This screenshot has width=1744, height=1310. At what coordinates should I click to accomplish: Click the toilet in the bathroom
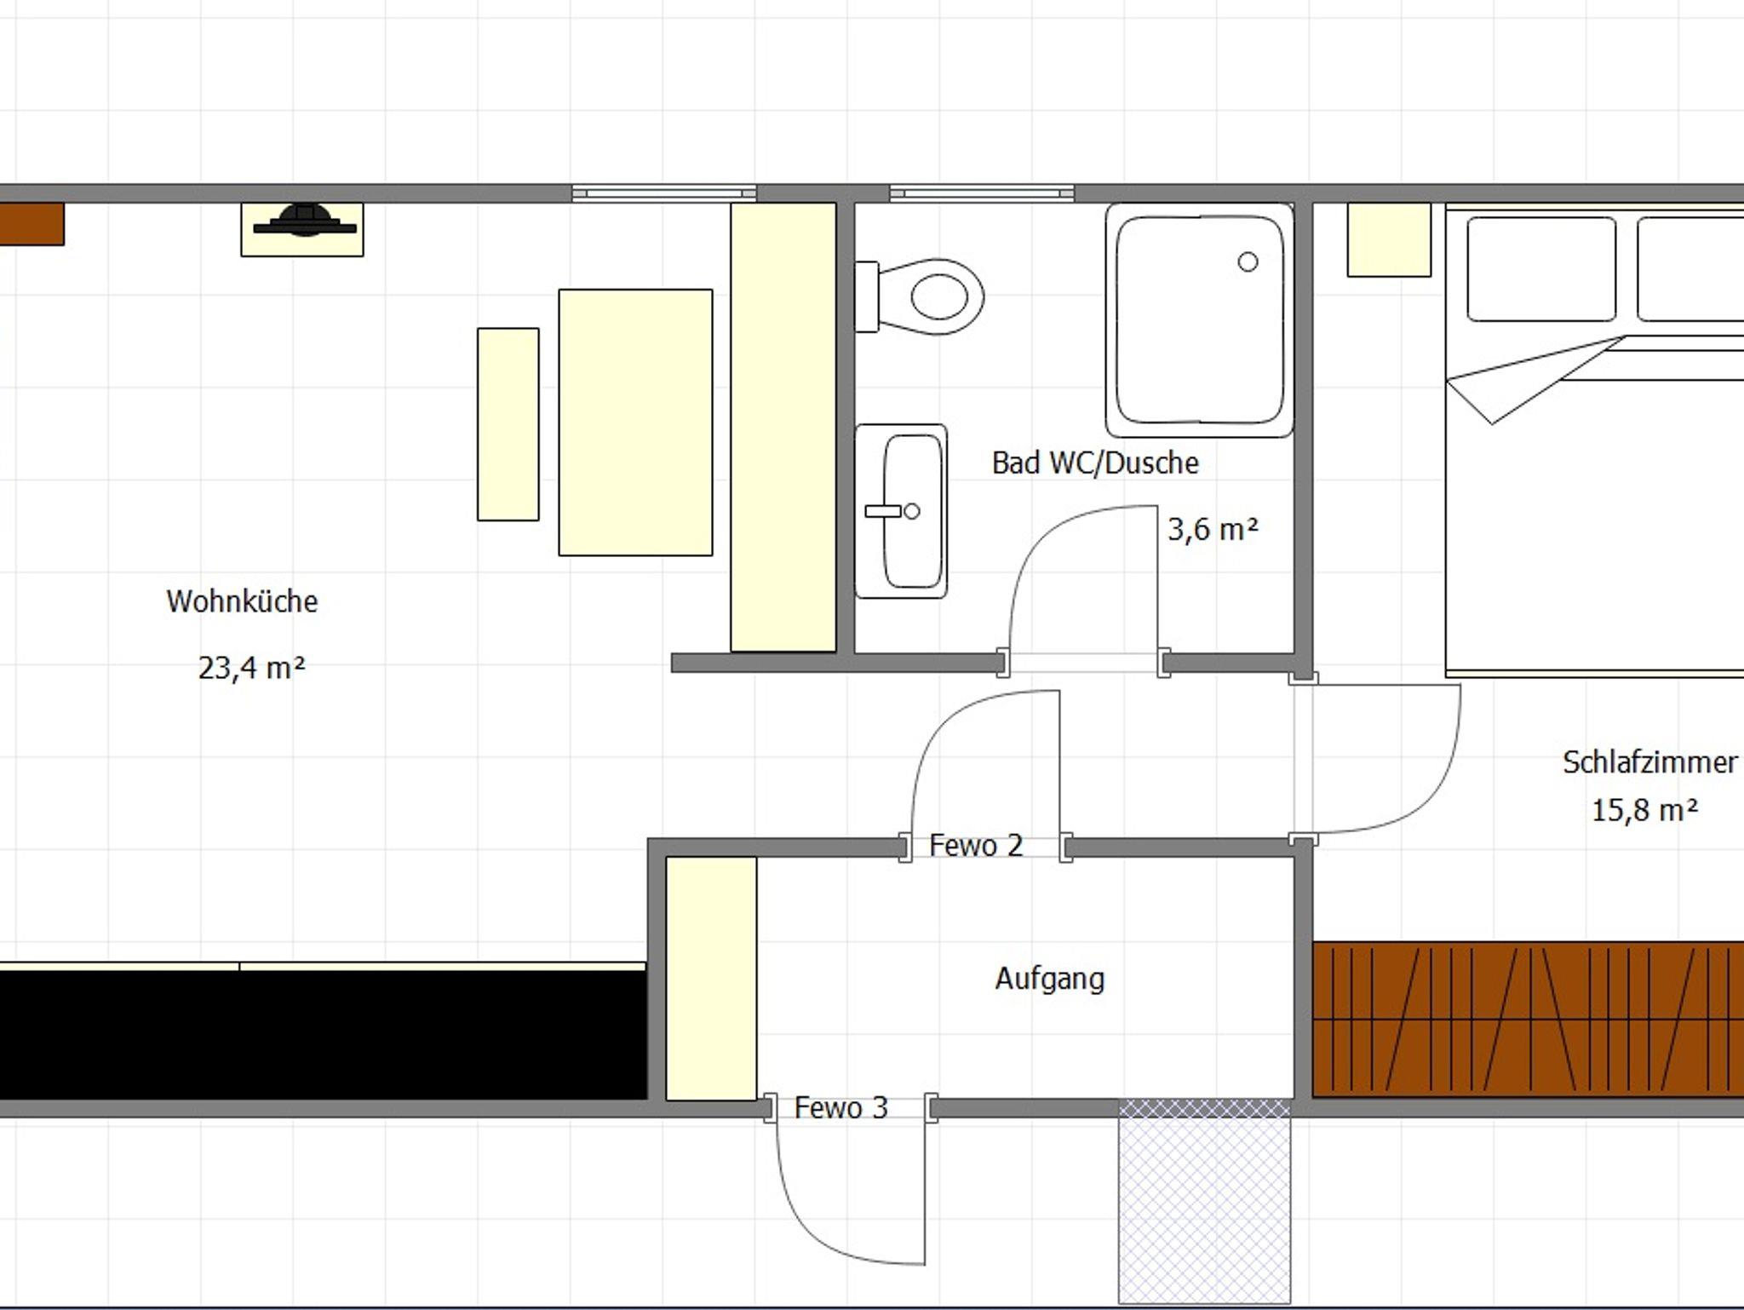coord(920,296)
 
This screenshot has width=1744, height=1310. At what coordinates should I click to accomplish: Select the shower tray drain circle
coord(1248,261)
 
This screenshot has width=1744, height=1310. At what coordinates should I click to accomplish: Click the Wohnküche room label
coord(242,601)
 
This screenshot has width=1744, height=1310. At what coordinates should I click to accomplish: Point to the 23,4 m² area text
coord(251,667)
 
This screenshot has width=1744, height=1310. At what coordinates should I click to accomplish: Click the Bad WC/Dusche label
coord(1095,463)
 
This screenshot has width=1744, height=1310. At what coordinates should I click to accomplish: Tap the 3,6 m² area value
coord(1213,529)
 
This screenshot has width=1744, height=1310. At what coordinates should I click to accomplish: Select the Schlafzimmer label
coord(1649,762)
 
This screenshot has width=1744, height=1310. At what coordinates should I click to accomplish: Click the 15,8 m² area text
coord(1644,809)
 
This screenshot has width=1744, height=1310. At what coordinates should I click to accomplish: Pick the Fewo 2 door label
coord(976,845)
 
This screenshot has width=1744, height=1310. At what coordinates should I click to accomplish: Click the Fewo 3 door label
coord(840,1107)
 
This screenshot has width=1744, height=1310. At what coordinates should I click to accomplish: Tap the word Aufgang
coord(1050,979)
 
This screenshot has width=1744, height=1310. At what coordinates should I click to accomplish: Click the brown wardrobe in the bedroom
coord(1529,1018)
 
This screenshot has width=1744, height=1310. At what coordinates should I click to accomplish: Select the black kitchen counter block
coord(322,1035)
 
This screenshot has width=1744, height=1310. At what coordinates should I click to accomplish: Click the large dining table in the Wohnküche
coord(635,422)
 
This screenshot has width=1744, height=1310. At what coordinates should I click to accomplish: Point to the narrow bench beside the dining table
coord(508,424)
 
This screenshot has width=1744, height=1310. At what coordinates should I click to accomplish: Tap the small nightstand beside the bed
coord(1389,239)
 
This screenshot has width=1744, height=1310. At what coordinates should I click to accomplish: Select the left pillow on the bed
coord(1541,269)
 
